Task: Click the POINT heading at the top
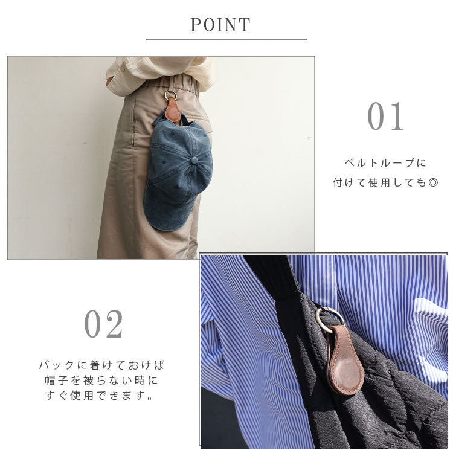[220, 25]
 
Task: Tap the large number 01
[385, 116]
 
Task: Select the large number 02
[104, 324]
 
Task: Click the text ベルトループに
[385, 163]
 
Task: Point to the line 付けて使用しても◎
[385, 182]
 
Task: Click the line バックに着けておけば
[101, 365]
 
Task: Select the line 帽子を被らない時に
[101, 380]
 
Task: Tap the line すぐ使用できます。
[100, 395]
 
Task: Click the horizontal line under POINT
[226, 40]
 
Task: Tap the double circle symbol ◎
[433, 182]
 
